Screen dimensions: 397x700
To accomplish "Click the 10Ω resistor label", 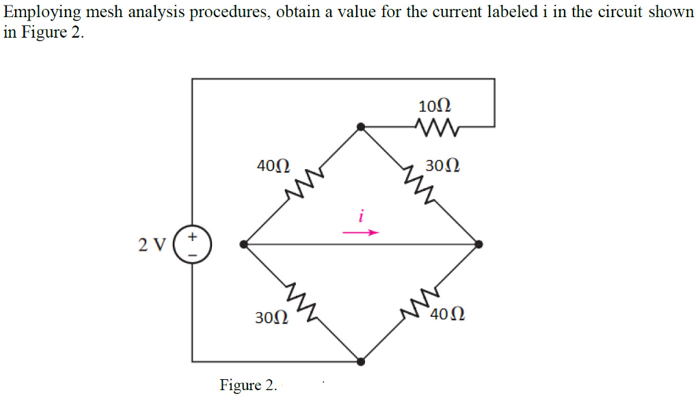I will (x=434, y=106).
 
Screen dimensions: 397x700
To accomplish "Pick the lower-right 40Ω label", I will (x=449, y=315).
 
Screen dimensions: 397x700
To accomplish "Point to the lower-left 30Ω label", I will (x=271, y=318).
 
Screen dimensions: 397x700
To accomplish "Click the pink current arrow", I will (x=360, y=233).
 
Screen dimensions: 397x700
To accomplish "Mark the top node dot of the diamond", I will (x=361, y=127).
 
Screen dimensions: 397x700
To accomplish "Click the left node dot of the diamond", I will (x=245, y=244).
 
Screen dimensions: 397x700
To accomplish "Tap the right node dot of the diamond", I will (x=479, y=244).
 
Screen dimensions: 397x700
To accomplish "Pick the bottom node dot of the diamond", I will (x=361, y=361).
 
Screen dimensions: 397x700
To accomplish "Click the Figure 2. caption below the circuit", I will (x=248, y=385).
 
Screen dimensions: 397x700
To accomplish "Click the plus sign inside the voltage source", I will (x=193, y=237).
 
